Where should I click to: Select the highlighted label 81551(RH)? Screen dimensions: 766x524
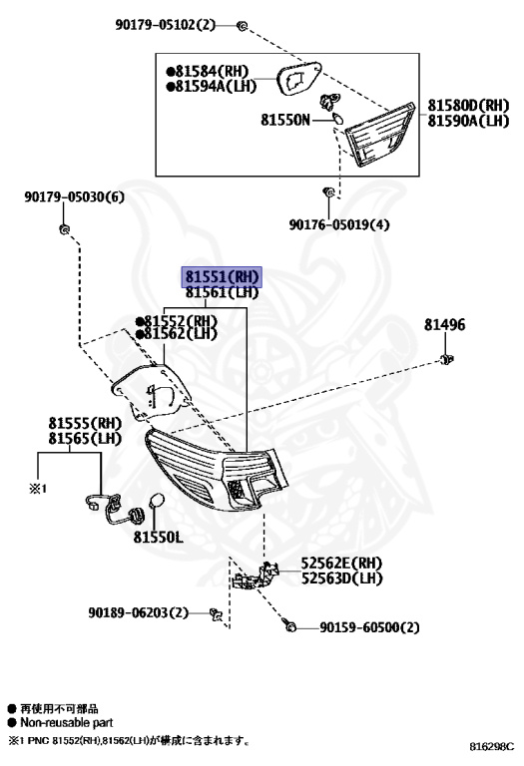tap(221, 276)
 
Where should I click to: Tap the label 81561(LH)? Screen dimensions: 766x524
tap(221, 292)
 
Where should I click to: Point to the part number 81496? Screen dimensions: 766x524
tap(444, 325)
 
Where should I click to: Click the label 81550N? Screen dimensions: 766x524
tap(286, 120)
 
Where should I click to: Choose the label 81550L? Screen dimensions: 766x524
tap(159, 537)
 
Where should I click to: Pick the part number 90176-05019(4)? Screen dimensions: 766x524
tap(339, 225)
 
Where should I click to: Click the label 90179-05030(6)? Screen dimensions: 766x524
tap(75, 197)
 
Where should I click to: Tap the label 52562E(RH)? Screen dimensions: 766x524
tap(342, 563)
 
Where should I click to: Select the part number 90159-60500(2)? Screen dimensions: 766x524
tap(370, 627)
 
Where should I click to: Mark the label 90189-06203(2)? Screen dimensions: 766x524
tap(138, 611)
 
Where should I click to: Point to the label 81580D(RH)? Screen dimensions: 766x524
tap(469, 105)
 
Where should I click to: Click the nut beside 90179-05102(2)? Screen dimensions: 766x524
tap(243, 23)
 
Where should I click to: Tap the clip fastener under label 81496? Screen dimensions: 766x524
tap(449, 358)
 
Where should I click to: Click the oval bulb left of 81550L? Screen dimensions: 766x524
tap(155, 504)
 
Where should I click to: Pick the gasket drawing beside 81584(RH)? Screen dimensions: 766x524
tap(296, 77)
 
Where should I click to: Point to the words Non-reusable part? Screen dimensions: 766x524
tap(66, 722)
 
